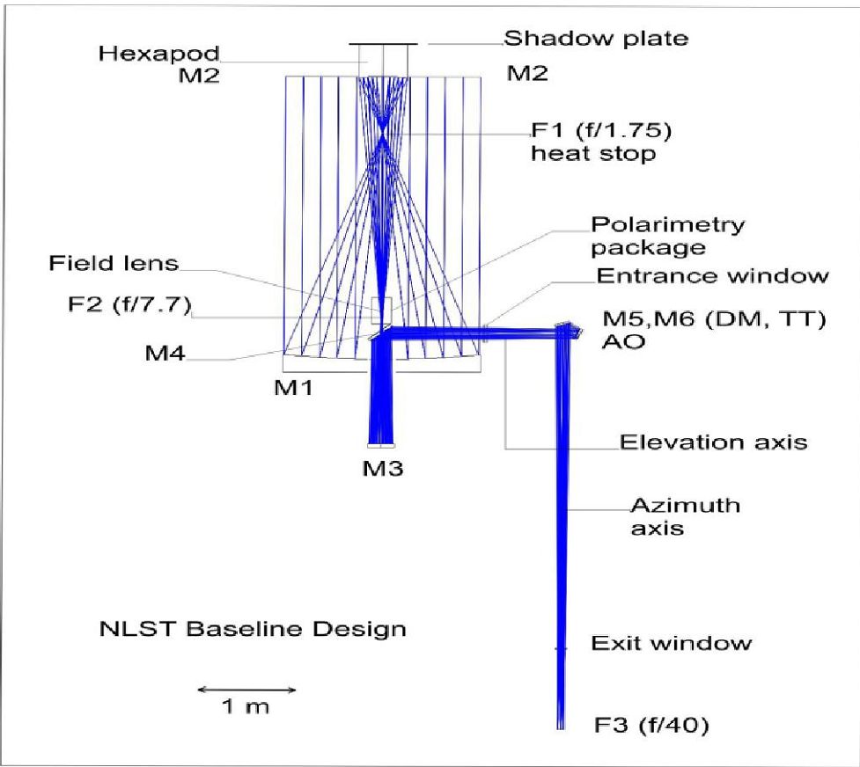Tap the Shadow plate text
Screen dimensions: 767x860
click(x=595, y=39)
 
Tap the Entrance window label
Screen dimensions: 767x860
click(x=712, y=275)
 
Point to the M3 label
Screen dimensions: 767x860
click(x=383, y=468)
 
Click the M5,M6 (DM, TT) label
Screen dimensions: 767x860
click(x=713, y=318)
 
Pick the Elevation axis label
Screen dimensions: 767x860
click(x=713, y=442)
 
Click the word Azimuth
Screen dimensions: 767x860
click(x=684, y=507)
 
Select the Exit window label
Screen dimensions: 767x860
click(x=671, y=643)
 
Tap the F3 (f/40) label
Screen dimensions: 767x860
click(x=651, y=727)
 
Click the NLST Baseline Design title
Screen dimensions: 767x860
click(x=252, y=630)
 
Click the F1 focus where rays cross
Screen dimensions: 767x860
click(x=383, y=136)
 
